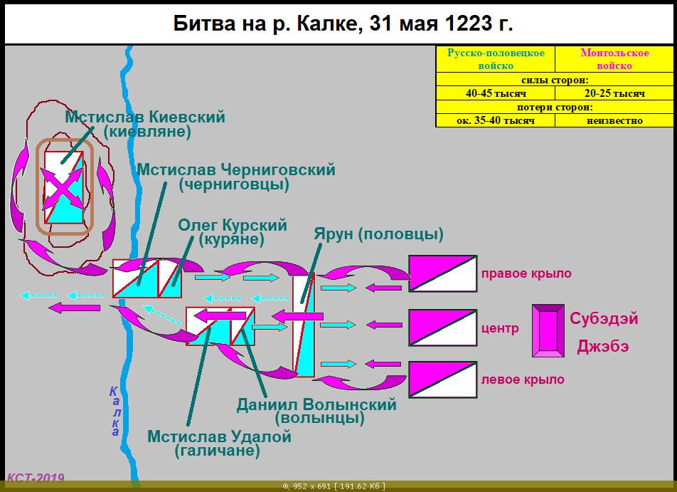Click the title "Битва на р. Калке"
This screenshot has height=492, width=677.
click(265, 23)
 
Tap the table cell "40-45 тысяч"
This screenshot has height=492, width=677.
click(496, 93)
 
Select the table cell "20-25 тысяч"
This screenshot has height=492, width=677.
click(614, 93)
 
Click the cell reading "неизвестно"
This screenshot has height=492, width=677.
click(614, 120)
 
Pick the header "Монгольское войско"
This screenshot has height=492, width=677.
click(614, 59)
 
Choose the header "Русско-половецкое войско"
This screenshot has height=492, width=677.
click(496, 59)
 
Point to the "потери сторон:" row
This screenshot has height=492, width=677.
click(555, 108)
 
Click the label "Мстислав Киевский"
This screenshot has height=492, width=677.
click(145, 117)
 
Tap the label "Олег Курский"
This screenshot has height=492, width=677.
click(233, 225)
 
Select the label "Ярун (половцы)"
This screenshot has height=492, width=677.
click(378, 234)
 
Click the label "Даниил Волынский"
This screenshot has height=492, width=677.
click(316, 404)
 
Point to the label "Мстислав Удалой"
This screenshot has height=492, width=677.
click(219, 436)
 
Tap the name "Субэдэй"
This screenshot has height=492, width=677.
click(604, 319)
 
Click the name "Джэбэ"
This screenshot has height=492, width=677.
click(603, 346)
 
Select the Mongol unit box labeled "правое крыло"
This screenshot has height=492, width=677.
click(443, 273)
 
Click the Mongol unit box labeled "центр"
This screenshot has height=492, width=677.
click(443, 328)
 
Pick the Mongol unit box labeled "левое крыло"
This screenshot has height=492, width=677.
click(443, 380)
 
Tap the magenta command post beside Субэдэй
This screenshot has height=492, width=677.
click(548, 331)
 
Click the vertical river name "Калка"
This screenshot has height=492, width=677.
click(114, 411)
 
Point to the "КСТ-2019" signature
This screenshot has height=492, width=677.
click(36, 478)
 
